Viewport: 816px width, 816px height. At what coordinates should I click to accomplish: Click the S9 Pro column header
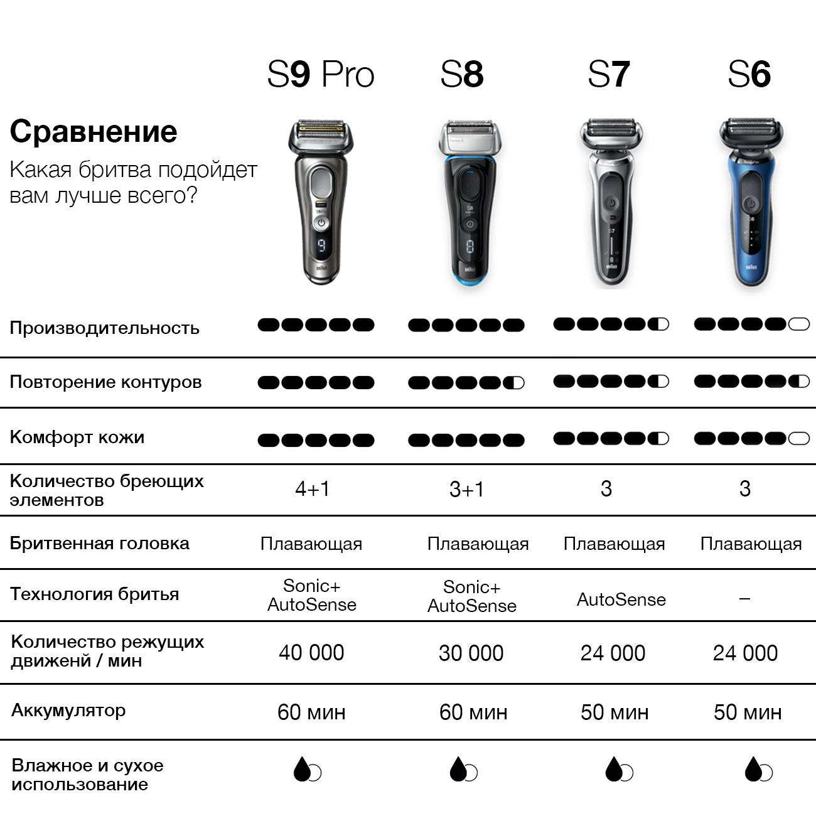[x=321, y=75]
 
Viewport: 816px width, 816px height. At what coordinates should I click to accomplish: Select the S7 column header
[x=608, y=75]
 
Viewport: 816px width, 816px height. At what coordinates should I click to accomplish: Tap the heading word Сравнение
[x=93, y=131]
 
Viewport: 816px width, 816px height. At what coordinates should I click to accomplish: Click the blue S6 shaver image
[x=751, y=202]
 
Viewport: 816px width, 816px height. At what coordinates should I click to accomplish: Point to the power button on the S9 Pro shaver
[x=321, y=223]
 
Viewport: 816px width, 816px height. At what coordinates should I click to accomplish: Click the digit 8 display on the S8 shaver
[x=470, y=247]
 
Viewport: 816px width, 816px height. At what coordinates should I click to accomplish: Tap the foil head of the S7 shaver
[x=611, y=130]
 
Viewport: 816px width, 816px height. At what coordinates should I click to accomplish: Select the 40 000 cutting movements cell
[x=311, y=652]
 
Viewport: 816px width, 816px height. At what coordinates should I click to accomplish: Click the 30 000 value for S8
[x=471, y=653]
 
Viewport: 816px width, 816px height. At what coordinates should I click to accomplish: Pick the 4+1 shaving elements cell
[x=312, y=489]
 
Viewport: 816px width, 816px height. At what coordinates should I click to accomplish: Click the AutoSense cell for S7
[x=621, y=599]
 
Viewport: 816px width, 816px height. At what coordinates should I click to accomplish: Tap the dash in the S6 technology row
[x=744, y=598]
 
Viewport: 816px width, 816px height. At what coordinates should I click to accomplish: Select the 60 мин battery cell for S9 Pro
[x=311, y=712]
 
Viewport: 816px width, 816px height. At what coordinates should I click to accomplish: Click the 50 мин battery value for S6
[x=748, y=712]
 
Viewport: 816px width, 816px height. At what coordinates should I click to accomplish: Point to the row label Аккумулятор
[x=68, y=710]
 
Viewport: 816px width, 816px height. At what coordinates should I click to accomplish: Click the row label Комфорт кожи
[x=77, y=437]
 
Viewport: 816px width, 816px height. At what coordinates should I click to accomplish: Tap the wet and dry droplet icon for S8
[x=463, y=768]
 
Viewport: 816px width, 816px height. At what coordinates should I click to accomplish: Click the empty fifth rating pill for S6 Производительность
[x=798, y=325]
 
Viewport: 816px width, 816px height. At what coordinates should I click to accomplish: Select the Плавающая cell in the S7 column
[x=614, y=544]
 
